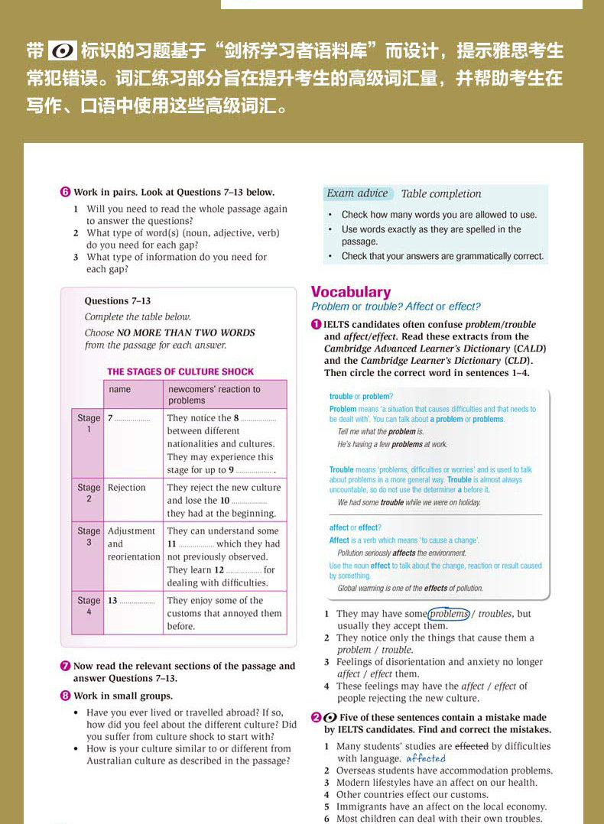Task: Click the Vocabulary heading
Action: pyautogui.click(x=350, y=292)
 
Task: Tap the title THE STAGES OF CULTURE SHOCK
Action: pyautogui.click(x=180, y=372)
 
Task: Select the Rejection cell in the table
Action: pyautogui.click(x=127, y=488)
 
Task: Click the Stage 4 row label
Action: pyautogui.click(x=88, y=606)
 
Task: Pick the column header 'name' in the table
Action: pyautogui.click(x=120, y=390)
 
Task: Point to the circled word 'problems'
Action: pyautogui.click(x=449, y=614)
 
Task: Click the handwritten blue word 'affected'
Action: pyautogui.click(x=425, y=758)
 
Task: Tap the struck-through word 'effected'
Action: pyautogui.click(x=472, y=746)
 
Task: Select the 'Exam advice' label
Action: pyautogui.click(x=357, y=194)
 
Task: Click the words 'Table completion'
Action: pyautogui.click(x=441, y=194)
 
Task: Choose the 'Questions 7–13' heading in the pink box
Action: pyautogui.click(x=117, y=301)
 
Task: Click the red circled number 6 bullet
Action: pyautogui.click(x=65, y=193)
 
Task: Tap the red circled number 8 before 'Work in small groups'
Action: pyautogui.click(x=65, y=696)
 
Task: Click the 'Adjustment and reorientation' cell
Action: pyautogui.click(x=133, y=543)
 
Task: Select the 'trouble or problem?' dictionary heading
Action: pyautogui.click(x=360, y=397)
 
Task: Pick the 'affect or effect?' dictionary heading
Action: pyautogui.click(x=355, y=527)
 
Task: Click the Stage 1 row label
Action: pyautogui.click(x=88, y=424)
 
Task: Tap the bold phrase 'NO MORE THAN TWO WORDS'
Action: pyautogui.click(x=186, y=333)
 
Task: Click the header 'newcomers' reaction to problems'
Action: pyautogui.click(x=213, y=394)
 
